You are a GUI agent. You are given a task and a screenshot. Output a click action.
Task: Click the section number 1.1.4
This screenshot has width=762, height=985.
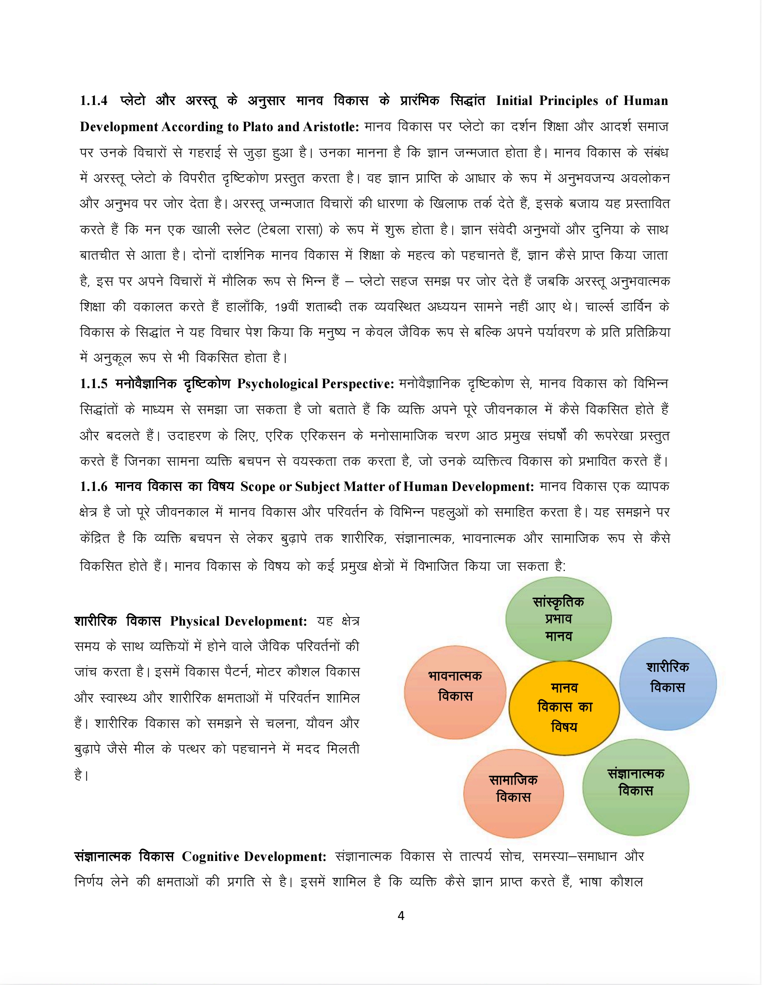[x=94, y=101]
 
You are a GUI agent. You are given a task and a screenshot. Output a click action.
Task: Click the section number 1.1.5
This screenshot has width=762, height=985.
[x=94, y=384]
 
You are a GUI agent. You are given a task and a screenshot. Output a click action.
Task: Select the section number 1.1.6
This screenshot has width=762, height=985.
[x=94, y=487]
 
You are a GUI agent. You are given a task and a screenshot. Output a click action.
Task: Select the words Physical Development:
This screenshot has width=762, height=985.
[x=238, y=621]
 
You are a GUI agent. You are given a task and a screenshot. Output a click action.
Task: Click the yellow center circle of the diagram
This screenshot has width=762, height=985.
[x=564, y=707]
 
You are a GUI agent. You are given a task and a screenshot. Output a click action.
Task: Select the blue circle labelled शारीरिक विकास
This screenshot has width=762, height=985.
[x=668, y=683]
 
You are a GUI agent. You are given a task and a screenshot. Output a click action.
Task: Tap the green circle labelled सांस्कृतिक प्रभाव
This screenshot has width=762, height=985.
[x=558, y=618]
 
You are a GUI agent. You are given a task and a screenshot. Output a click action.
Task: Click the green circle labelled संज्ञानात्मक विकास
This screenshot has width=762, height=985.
[x=636, y=787]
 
